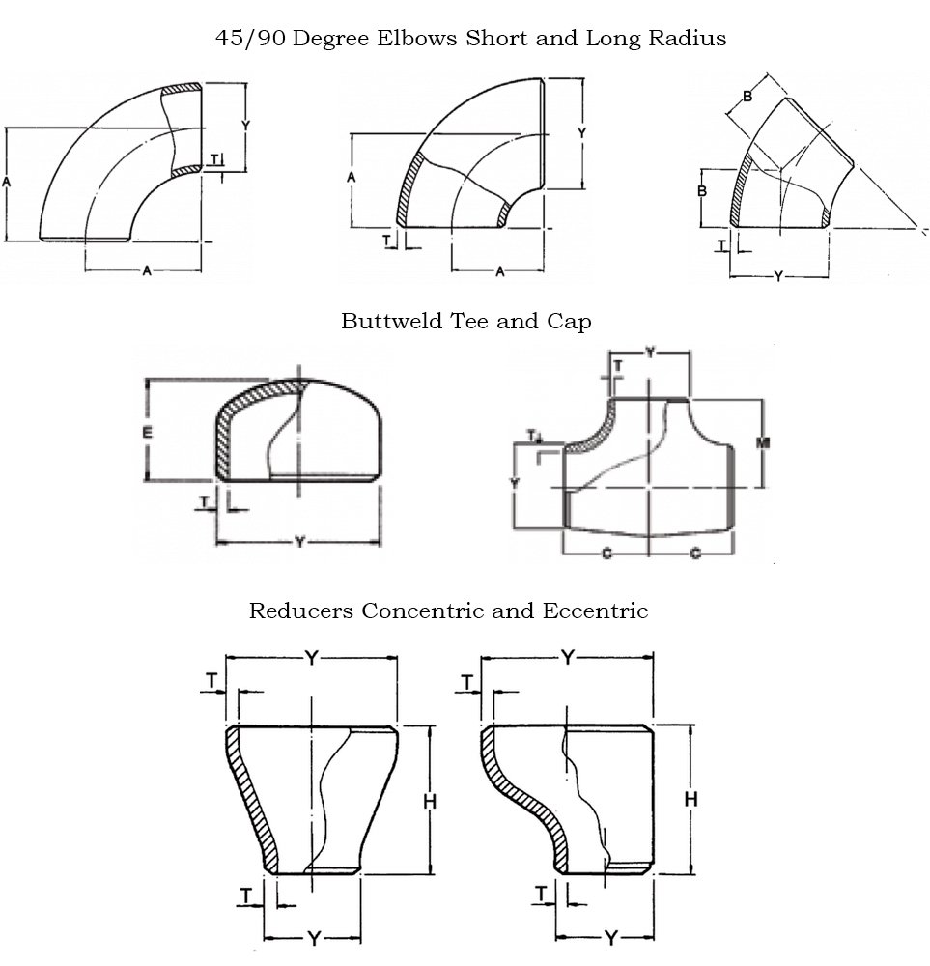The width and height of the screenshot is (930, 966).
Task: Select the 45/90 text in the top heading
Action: (x=248, y=39)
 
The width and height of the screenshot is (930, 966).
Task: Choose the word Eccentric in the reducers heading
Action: (x=595, y=611)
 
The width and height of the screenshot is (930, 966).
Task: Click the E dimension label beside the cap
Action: (x=147, y=433)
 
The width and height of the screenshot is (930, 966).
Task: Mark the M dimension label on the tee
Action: (x=762, y=441)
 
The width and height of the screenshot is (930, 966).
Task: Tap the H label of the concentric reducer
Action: (x=430, y=801)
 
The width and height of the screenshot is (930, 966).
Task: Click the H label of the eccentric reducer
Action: (x=690, y=798)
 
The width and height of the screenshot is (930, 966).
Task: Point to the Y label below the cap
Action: (x=299, y=543)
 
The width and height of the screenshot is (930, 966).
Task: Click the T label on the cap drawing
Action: (x=205, y=500)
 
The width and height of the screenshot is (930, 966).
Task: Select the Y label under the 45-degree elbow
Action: (x=778, y=276)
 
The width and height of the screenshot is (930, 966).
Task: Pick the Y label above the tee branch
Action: (x=650, y=354)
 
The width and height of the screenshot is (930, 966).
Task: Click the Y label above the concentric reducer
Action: (x=312, y=658)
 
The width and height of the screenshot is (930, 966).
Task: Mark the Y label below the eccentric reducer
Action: (x=610, y=937)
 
